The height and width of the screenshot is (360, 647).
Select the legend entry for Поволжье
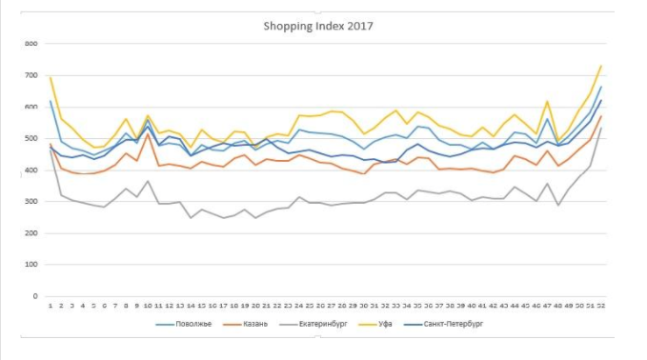tap(189, 324)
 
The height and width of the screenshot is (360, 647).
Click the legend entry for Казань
tap(253, 324)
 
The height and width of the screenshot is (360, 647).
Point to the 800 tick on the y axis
tap(30, 44)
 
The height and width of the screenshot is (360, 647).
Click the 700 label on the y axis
tap(30, 75)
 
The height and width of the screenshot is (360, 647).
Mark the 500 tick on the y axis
tap(30, 139)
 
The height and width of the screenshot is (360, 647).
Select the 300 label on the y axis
tap(30, 202)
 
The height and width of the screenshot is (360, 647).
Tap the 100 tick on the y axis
tap(30, 265)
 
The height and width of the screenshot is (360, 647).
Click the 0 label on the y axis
tap(34, 296)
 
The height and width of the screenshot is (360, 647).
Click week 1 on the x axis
tap(51, 305)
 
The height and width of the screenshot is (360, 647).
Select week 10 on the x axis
tap(148, 305)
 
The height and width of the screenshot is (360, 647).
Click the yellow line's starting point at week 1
tap(51, 78)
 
